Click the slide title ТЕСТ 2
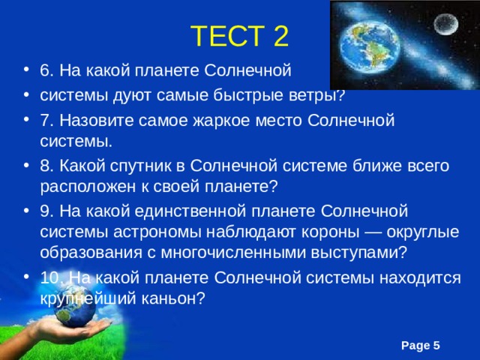(x=239, y=36)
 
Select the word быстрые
(x=257, y=94)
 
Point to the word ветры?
(x=318, y=94)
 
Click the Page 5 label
(x=420, y=344)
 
